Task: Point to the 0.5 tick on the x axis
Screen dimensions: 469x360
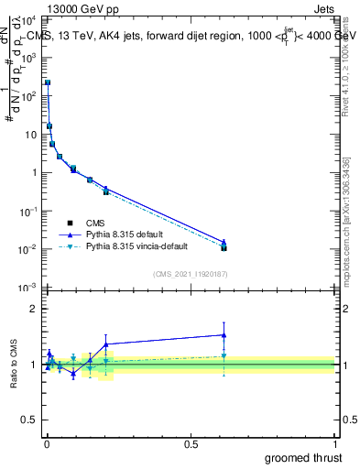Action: (191, 442)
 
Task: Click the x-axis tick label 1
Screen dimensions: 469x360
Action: (335, 442)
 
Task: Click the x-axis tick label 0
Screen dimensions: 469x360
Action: (47, 442)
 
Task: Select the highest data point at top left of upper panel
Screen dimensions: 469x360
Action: (48, 82)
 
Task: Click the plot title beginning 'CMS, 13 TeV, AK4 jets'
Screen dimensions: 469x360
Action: (183, 36)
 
